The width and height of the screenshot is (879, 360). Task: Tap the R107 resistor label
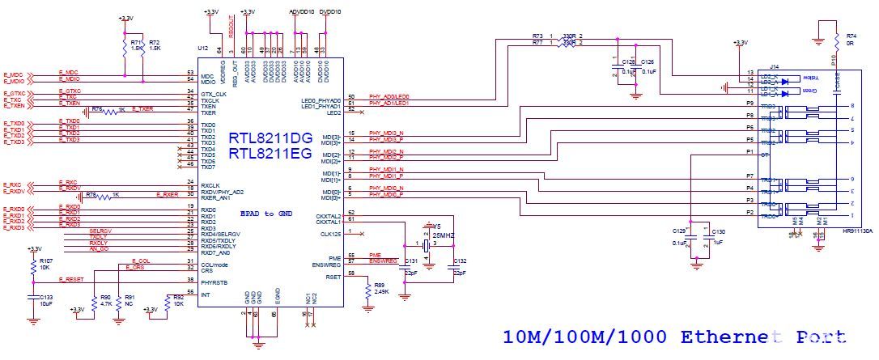(46, 261)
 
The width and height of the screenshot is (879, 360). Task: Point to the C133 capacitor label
(46, 297)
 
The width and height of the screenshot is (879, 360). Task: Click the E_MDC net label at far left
(14, 73)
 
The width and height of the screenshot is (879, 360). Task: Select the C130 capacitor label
(718, 231)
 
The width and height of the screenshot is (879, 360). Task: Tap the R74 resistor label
(851, 36)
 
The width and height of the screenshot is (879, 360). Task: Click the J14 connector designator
(774, 66)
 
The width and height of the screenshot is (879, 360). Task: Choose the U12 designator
(202, 49)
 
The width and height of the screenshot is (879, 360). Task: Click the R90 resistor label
(105, 298)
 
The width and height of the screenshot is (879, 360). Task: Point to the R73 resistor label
(537, 36)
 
